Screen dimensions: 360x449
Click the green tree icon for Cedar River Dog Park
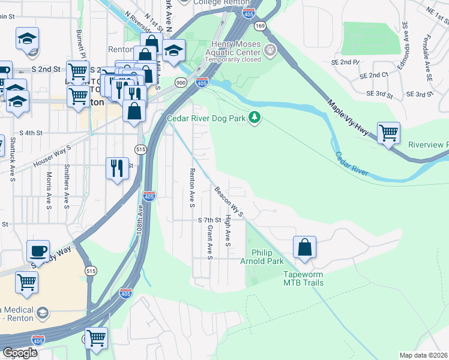255,118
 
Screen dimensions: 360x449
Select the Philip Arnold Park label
267,257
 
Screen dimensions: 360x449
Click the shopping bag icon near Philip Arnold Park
304,248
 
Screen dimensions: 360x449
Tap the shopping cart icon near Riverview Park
388,133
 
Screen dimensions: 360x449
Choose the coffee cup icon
38,252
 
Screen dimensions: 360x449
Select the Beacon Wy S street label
229,202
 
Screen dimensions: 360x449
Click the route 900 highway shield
180,82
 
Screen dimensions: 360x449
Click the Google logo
20,353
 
